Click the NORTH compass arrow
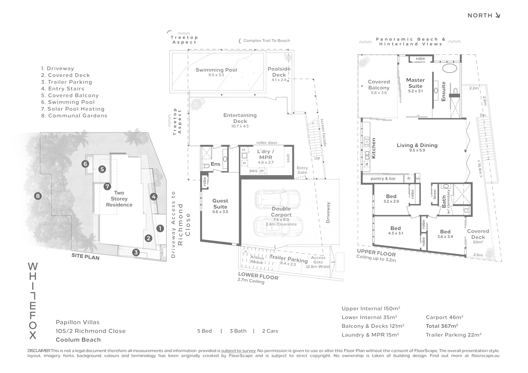point(498,15)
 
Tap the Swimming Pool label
point(216,70)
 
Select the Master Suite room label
point(415,83)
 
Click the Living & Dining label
point(417,145)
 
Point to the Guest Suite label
point(220,203)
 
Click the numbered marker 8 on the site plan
point(38,196)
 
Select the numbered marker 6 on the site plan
point(85,164)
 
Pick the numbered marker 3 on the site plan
point(136,252)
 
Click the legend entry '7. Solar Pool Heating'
point(73,109)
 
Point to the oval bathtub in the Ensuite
point(450,67)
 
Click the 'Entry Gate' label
point(302,170)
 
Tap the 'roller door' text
point(267,143)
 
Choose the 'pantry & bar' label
point(383,179)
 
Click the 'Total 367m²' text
point(442,326)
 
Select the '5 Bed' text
point(205,331)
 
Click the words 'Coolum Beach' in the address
point(78,340)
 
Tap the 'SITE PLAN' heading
point(85,257)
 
